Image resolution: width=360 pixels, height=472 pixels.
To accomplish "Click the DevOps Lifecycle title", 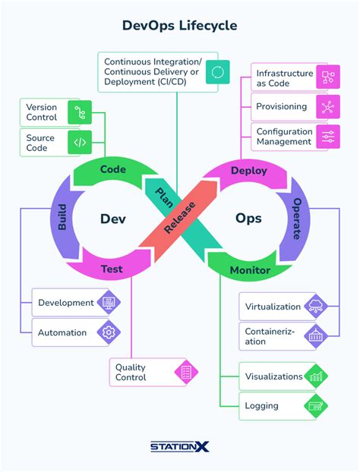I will pyautogui.click(x=179, y=25).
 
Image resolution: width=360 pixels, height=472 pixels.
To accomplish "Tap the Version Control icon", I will pyautogui.click(x=79, y=113).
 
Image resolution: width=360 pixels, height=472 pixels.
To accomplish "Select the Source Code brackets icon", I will pyautogui.click(x=79, y=142).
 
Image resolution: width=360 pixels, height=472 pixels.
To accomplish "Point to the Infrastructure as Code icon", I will pyautogui.click(x=328, y=77).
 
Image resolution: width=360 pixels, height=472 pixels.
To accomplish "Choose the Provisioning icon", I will pyautogui.click(x=328, y=107).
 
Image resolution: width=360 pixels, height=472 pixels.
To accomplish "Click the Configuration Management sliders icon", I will pyautogui.click(x=328, y=137).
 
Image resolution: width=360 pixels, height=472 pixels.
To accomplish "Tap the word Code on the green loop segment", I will pyautogui.click(x=113, y=168).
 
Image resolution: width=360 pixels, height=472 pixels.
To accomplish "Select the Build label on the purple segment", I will pyautogui.click(x=61, y=219).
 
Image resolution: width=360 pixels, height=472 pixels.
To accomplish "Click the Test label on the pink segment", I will pyautogui.click(x=112, y=269).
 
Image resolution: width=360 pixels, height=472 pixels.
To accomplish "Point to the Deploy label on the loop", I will pyautogui.click(x=248, y=170).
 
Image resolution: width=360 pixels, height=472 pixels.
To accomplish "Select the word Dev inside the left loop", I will pyautogui.click(x=112, y=219).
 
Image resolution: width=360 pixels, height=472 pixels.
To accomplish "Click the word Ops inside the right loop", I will pyautogui.click(x=248, y=219).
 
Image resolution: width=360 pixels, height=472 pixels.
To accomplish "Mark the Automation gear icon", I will pyautogui.click(x=108, y=332).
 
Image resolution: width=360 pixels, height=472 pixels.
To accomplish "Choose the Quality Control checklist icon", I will pyautogui.click(x=185, y=373).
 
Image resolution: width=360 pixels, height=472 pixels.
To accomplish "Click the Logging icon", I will pyautogui.click(x=315, y=406).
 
